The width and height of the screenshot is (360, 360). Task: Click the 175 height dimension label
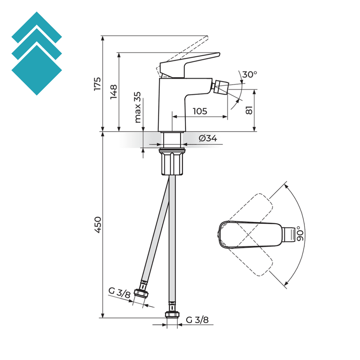pos(97,84)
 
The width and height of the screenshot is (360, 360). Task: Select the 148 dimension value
pos(114,91)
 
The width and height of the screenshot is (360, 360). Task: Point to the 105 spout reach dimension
pos(200,111)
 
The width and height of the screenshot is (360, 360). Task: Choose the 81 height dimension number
pos(249,110)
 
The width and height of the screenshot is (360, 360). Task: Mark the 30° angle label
pos(250,75)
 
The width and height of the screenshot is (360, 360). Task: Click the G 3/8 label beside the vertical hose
pos(197,320)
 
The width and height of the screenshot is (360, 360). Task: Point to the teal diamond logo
pos(37,53)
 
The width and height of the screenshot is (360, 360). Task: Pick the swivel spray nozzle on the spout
pos(221,86)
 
